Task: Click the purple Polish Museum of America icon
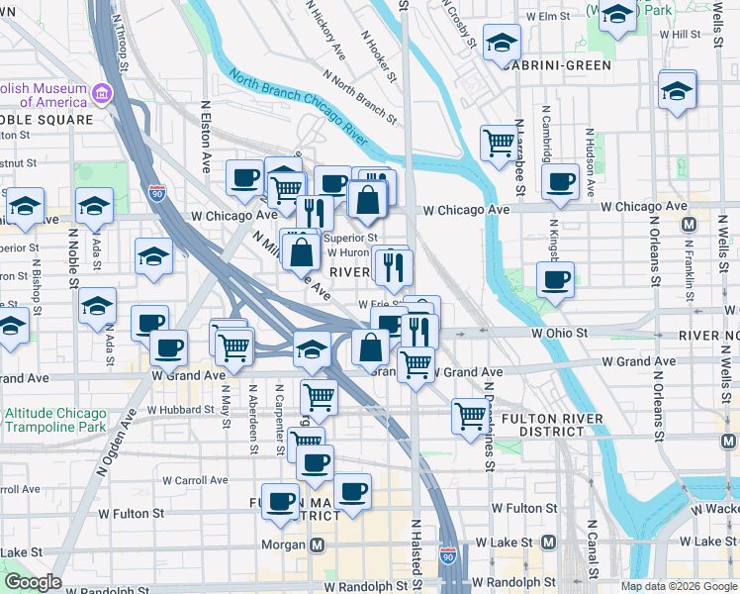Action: pyautogui.click(x=101, y=95)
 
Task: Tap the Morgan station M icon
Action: pyautogui.click(x=318, y=544)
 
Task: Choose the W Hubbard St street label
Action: pyautogui.click(x=180, y=409)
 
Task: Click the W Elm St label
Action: pyautogui.click(x=551, y=17)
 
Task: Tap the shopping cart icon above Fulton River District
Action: pyautogui.click(x=470, y=415)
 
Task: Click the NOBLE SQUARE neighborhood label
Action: pyautogui.click(x=47, y=120)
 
